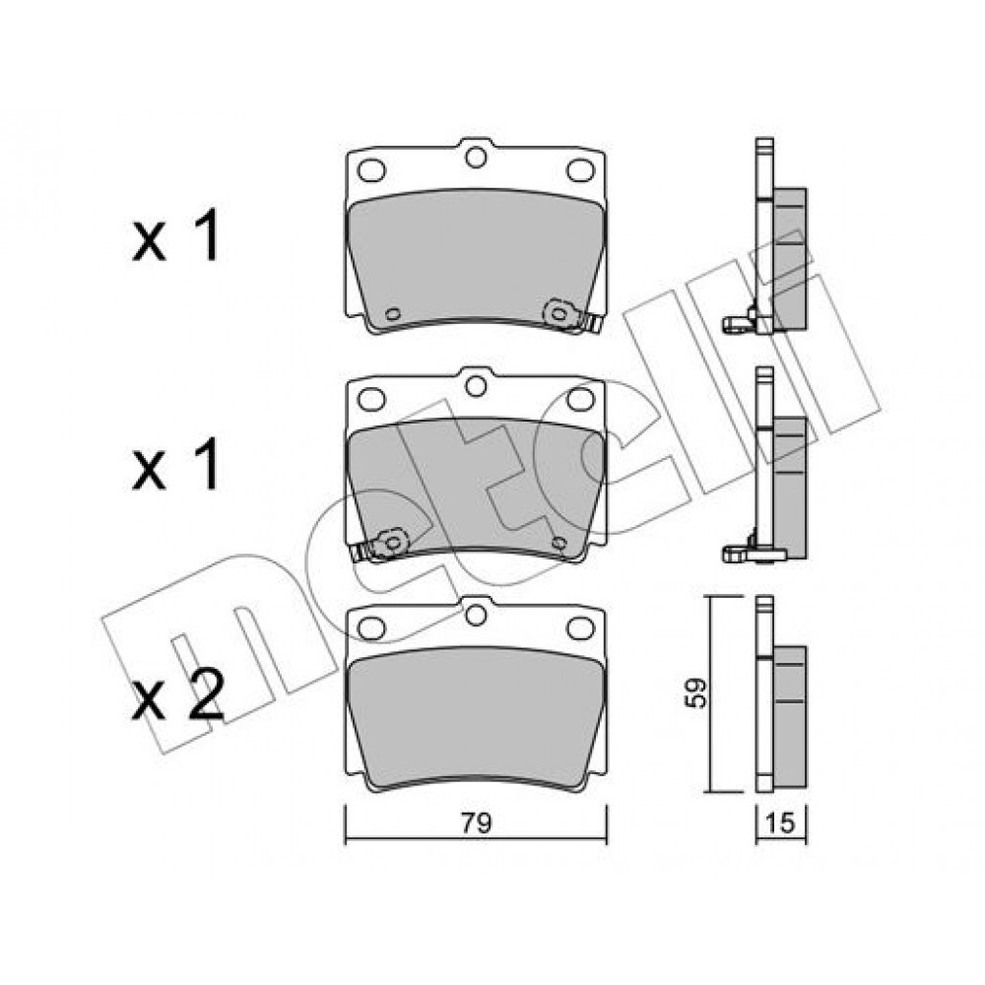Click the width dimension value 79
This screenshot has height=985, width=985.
476,822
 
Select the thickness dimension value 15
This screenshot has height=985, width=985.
780,822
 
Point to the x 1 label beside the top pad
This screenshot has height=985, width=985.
176,235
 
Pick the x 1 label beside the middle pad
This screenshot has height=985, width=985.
176,464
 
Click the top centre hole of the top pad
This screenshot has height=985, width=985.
476,157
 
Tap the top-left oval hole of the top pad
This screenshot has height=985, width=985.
370,169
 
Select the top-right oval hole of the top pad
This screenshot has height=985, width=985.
580,169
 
